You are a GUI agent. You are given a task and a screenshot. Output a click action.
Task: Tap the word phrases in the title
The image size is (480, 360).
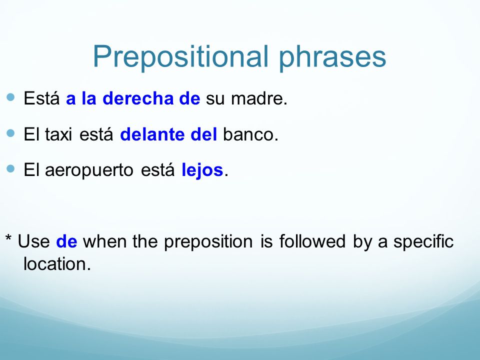tap(332, 57)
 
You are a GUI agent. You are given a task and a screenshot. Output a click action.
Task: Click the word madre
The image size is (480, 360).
tap(259, 98)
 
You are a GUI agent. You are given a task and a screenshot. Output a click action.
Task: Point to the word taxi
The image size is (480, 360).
tap(58, 134)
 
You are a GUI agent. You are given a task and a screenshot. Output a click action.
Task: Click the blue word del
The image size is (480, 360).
tap(203, 134)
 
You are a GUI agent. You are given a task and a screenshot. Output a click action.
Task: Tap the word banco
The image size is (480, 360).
tap(250, 134)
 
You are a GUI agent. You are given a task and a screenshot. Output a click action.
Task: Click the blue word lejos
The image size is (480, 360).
tap(202, 170)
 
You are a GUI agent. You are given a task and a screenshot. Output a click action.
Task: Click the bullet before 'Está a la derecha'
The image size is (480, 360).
tap(10, 97)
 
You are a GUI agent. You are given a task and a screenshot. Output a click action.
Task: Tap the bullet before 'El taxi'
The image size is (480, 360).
tap(10, 133)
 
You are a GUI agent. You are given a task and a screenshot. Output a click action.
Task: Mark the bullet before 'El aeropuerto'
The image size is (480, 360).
tap(10, 168)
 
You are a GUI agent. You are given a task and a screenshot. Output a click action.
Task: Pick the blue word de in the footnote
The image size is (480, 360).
tap(66, 241)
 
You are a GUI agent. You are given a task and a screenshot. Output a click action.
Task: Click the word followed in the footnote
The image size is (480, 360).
tap(312, 241)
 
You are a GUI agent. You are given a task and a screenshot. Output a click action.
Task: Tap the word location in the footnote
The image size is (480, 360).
tap(57, 264)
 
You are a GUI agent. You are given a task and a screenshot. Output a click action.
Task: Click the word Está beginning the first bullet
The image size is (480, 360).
tap(41, 98)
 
